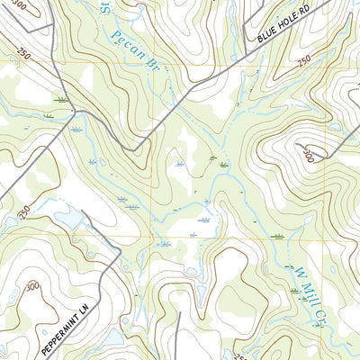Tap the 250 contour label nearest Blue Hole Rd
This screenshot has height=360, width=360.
pyautogui.click(x=304, y=59)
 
